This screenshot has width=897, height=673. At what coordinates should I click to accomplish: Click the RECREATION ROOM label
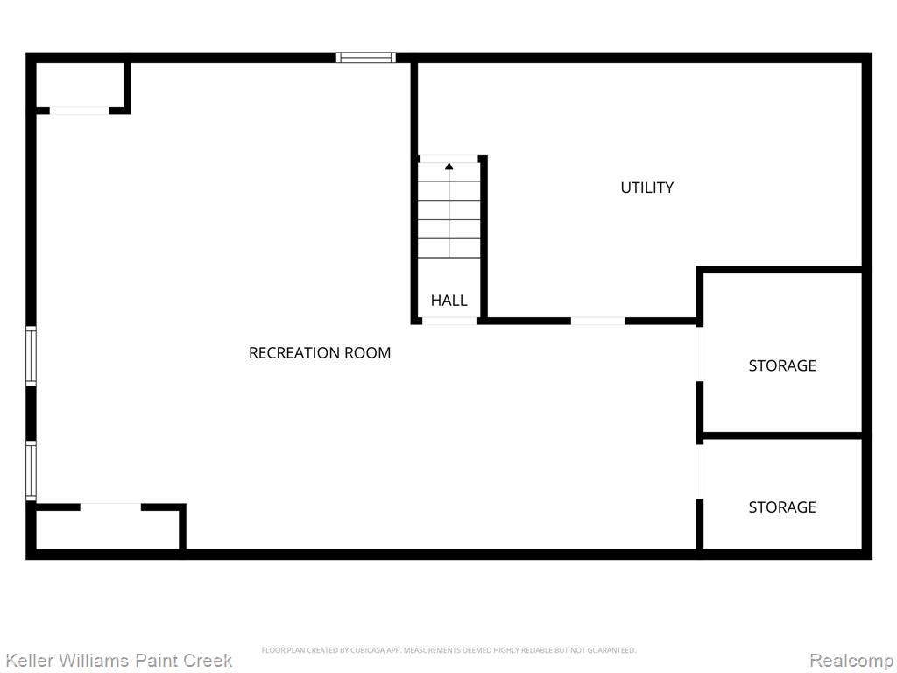click(x=320, y=352)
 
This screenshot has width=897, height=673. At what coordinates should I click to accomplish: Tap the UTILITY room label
click(x=647, y=188)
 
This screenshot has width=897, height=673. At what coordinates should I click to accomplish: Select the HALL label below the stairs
click(x=449, y=300)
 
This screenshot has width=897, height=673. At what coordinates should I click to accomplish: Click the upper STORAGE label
click(x=782, y=365)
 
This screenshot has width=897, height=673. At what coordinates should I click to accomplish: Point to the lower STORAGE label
click(x=782, y=507)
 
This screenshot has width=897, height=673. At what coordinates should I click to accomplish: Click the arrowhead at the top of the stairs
click(x=449, y=166)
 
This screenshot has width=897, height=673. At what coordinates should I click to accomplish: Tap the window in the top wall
click(x=365, y=57)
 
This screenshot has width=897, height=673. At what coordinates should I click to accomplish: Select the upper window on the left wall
click(x=31, y=356)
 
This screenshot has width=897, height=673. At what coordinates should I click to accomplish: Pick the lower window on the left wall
click(x=31, y=471)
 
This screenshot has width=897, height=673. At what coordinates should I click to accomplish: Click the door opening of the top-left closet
click(x=79, y=110)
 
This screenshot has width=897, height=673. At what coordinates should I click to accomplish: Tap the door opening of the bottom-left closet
click(x=110, y=507)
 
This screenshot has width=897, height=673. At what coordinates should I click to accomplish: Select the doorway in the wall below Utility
click(x=597, y=321)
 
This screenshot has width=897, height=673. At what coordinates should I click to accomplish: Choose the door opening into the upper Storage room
click(x=700, y=354)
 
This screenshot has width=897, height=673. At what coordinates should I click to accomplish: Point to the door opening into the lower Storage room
click(x=700, y=471)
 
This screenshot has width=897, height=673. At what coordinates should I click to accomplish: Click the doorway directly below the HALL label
click(x=449, y=321)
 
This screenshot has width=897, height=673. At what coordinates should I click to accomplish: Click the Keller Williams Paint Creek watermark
click(x=119, y=661)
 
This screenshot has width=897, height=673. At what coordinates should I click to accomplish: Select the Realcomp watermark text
click(x=851, y=661)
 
